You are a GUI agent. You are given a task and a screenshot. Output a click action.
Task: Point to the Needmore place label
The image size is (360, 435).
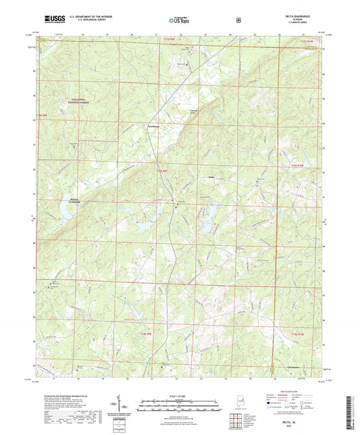click(x=155, y=126)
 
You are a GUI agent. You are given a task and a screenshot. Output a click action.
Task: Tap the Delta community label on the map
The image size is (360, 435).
click(x=211, y=178)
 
